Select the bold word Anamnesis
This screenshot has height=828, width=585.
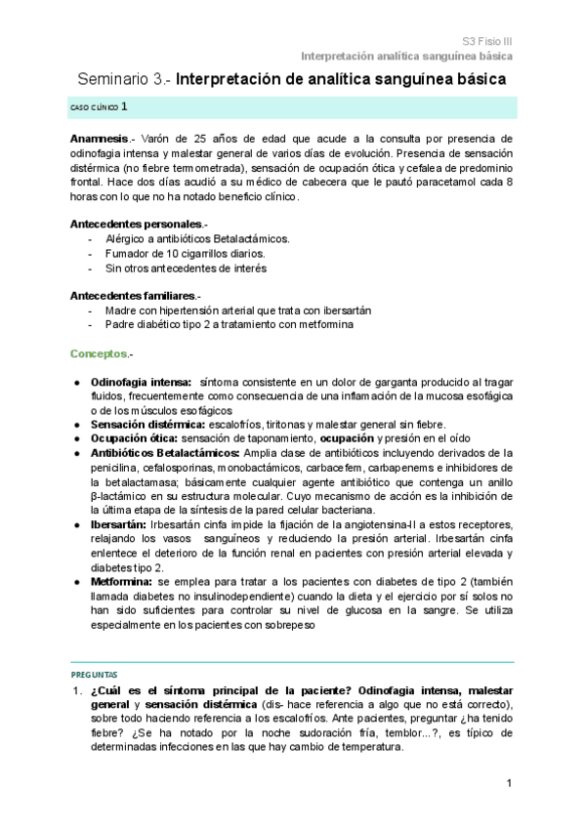(99, 140)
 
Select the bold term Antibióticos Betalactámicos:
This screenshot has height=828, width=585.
(164, 453)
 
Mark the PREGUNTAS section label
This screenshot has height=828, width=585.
(94, 675)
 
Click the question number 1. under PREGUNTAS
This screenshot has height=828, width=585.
(75, 690)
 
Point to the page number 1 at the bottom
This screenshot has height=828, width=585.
(510, 784)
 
